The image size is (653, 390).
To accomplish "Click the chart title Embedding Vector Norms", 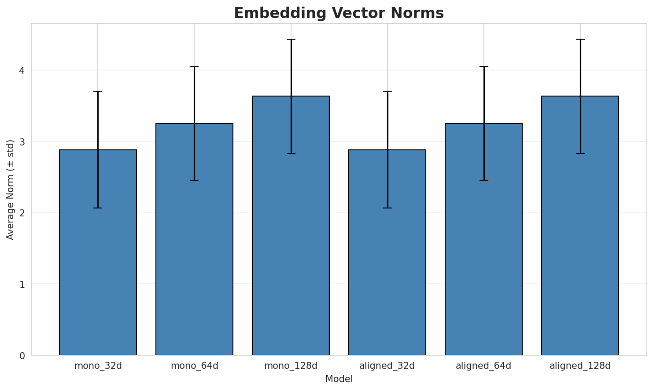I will pos(339,13).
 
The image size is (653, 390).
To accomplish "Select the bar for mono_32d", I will pos(98,264).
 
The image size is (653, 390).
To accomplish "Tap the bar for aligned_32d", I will pos(387,264).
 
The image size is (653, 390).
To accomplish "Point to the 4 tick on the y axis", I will pos(22,71).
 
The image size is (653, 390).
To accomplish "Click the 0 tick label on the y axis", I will pos(22,356).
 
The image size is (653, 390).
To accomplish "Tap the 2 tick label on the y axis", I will pos(22,213).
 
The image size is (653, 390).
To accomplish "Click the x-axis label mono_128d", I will pos(291,366).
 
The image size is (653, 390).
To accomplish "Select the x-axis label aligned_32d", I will pos(387,366).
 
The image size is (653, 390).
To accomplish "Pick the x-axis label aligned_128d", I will pos(580,366).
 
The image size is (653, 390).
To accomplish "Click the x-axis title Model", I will pos(339,379).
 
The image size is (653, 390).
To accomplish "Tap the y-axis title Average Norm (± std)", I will pos(11,189).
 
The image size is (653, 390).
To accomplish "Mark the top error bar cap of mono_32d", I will pos(98,91).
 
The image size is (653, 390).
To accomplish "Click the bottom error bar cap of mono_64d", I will pos(194,180).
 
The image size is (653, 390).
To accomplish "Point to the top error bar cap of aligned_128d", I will pos(580,39).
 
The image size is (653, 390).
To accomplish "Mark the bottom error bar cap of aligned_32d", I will pos(387,208).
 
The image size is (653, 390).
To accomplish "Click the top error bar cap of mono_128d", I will pos(291,39).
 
